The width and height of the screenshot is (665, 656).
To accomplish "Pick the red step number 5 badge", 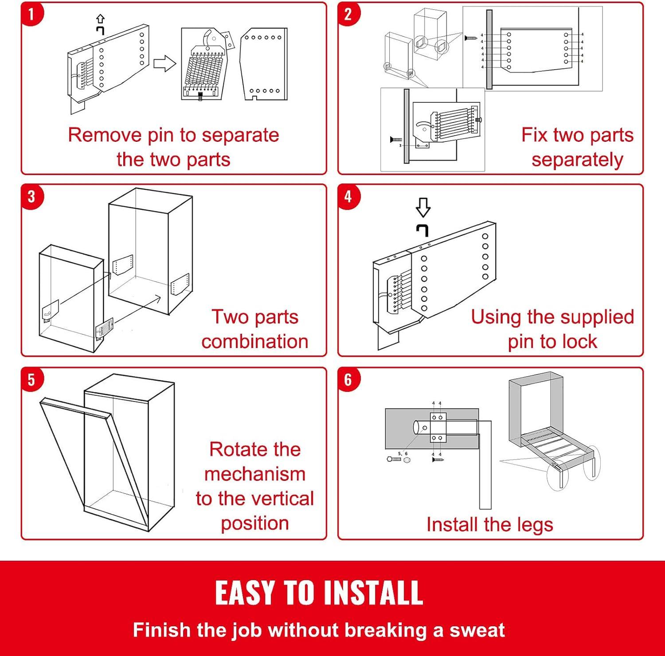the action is click(x=31, y=380).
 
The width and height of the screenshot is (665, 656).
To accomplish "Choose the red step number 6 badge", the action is click(x=348, y=380).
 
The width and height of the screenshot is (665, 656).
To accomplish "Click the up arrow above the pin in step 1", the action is click(x=101, y=19).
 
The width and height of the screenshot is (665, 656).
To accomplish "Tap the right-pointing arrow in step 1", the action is click(x=164, y=64).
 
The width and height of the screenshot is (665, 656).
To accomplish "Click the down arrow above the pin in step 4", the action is click(x=423, y=207).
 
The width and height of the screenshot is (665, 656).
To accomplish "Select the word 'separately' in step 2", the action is click(x=577, y=160).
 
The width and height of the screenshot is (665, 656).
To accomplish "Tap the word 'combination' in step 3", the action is click(x=255, y=341).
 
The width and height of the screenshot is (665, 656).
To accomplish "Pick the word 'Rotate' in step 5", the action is click(x=238, y=449).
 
